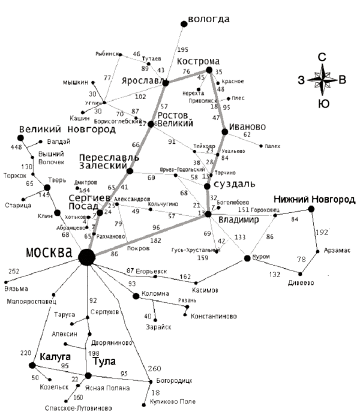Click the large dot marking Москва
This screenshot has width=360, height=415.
[87, 257]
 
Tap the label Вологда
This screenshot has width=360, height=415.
[209, 19]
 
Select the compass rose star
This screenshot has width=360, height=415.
[322, 80]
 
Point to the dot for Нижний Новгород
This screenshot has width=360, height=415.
[311, 209]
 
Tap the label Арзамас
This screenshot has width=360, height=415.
[336, 250]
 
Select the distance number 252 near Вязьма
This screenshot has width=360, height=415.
[13, 272]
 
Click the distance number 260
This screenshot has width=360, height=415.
[154, 368]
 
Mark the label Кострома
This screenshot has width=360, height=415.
[199, 61]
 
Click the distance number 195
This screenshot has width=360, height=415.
[183, 49]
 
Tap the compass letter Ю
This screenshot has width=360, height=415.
[323, 104]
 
